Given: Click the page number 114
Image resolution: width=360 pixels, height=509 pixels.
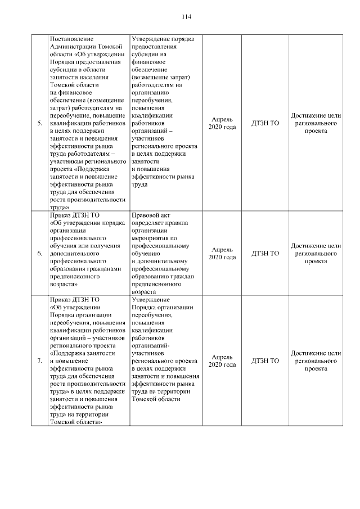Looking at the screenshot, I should coord(186,17).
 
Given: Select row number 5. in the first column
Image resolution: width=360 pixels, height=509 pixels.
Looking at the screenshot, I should coord(39,123).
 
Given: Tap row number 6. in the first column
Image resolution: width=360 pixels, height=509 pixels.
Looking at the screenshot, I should coord(39,253).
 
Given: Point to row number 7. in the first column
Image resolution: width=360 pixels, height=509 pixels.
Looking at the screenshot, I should coord(39,361).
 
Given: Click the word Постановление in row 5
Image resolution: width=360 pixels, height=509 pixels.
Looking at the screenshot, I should coord(72,39).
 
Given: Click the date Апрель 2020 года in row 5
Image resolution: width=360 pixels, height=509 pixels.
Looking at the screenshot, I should coord(222,123).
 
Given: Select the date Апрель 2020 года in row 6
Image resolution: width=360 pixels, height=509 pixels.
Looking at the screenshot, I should coord(222,253).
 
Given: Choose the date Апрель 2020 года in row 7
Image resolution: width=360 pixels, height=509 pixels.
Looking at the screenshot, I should coord(222,361).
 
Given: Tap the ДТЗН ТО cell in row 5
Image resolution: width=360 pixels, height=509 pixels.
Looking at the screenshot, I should coord(265,123).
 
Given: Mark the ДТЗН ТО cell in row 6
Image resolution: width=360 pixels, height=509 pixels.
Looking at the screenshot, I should coord(265,253).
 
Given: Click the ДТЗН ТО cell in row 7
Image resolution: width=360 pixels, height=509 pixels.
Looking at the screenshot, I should coord(265,361).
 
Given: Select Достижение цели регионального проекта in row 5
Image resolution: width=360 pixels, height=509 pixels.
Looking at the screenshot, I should coord(316,123).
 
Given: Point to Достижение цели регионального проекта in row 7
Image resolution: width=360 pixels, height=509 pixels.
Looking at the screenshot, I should coord(316,361).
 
